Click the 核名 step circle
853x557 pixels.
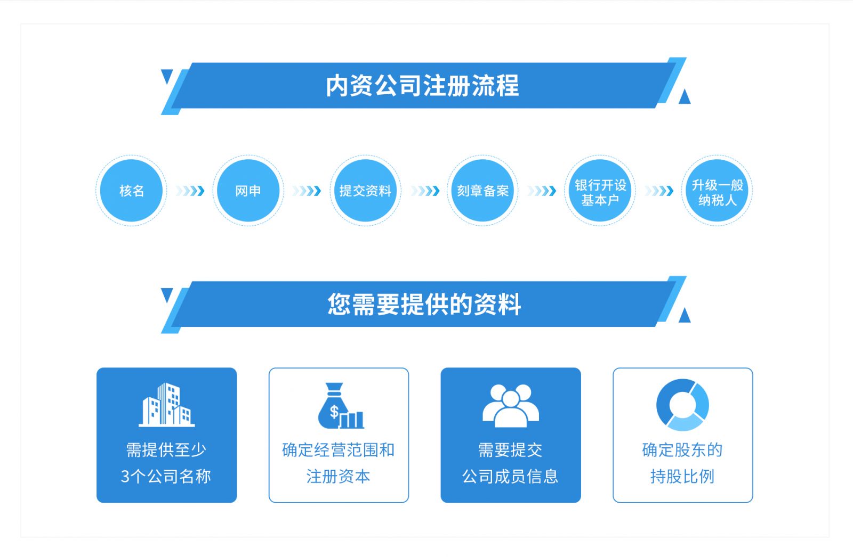pos(131,191)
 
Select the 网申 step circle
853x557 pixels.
pos(248,191)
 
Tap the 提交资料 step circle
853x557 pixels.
pos(365,191)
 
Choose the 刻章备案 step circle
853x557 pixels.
pos(482,191)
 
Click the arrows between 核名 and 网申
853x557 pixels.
pos(190,191)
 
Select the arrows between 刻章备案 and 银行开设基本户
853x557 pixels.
pos(542,191)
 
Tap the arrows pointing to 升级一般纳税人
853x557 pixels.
pos(659,191)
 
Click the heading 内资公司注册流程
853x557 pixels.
pos(422,86)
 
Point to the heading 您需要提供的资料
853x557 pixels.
pos(424,305)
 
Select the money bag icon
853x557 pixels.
pos(340,406)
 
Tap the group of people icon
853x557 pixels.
pos(510,405)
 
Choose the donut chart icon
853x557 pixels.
pos(682,405)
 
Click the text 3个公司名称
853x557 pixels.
pos(166,476)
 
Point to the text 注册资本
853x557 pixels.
pos(338,476)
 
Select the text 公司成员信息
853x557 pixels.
pos(510,476)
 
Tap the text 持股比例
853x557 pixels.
pos(682,476)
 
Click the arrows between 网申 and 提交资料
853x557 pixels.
pos(307,191)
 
